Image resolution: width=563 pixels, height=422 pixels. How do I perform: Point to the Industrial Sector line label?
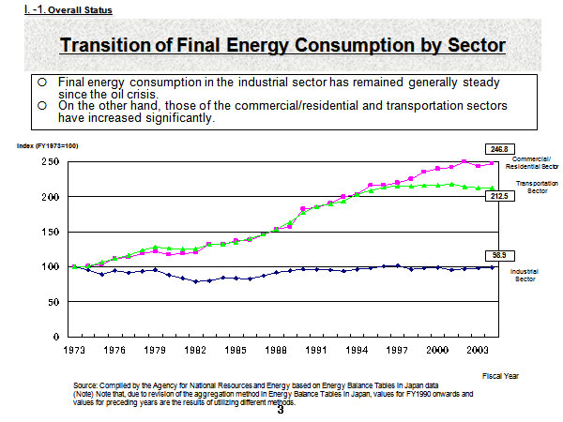point(523,275)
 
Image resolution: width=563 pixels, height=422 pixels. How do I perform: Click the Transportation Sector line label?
point(532,187)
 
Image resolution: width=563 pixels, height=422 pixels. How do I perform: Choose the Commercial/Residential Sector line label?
point(531,160)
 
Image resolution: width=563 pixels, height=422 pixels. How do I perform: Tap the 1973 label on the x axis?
point(74,349)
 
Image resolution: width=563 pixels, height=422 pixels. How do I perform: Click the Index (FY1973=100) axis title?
point(47,145)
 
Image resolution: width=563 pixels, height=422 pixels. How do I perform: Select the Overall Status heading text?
point(78,10)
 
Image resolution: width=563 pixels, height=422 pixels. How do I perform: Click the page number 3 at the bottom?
point(280,408)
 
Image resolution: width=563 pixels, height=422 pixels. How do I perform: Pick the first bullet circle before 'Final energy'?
point(43,83)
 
